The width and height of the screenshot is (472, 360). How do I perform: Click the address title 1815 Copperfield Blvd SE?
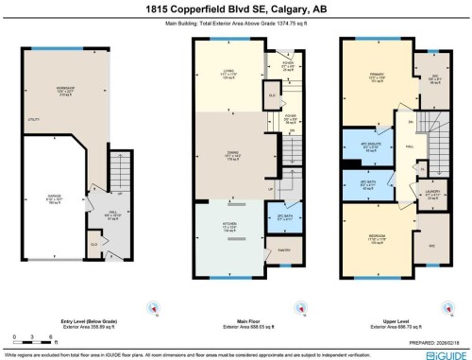[x=235, y=9]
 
